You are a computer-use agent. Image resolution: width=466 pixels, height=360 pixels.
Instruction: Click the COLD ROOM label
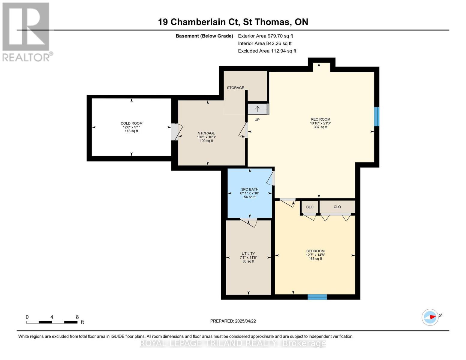click(131, 123)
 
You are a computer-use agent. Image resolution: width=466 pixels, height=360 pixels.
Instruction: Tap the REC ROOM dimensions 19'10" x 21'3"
click(320, 123)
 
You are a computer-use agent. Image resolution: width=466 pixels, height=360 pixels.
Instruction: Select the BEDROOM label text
click(315, 251)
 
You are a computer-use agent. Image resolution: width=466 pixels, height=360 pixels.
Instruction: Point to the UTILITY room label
click(248, 253)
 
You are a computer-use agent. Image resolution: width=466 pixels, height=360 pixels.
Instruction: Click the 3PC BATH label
click(250, 189)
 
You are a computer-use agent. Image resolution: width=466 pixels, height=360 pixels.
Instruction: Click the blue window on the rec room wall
click(377, 117)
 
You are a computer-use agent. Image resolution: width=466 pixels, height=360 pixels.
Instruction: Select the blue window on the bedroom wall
click(317, 297)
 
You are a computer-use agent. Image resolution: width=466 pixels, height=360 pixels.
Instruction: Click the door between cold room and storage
click(176, 132)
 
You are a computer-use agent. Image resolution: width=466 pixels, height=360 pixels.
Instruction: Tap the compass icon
click(430, 317)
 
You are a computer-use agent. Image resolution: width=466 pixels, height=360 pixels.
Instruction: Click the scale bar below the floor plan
click(52, 322)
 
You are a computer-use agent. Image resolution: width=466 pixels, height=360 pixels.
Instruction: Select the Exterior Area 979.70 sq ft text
click(265, 36)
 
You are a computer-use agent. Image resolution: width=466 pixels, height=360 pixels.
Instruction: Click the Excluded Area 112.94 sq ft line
click(267, 51)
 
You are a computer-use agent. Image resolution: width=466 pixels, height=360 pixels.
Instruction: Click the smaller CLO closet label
click(310, 207)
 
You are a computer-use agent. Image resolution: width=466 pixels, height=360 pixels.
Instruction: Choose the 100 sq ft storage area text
click(206, 141)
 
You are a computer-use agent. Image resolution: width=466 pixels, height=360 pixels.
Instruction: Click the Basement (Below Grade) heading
click(204, 36)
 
